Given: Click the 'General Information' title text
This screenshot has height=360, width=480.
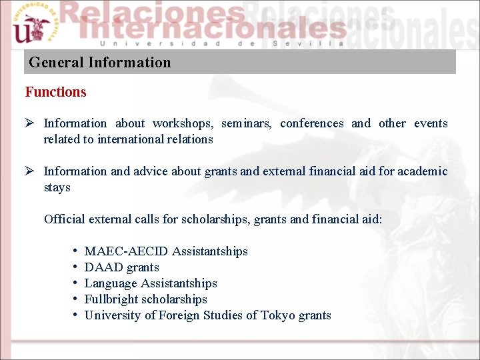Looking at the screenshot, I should pos(100,63).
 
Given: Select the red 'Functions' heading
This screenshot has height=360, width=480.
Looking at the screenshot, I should pos(56,92).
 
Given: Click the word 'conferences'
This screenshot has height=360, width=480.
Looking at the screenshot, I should pos(312,123).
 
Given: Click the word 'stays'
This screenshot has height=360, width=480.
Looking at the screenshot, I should pos(57,187).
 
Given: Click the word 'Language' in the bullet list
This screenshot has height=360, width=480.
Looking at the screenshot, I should pos(109,283).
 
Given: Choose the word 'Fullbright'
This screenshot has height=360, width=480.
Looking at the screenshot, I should pos(111,299).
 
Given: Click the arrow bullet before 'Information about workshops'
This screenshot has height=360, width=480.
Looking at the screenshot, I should pos(30,123).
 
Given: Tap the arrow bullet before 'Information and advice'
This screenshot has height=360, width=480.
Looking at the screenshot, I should pos(30,171).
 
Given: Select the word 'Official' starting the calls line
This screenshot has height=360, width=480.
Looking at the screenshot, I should pos(64,219).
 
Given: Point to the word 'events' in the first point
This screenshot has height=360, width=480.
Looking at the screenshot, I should pos(431,123).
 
